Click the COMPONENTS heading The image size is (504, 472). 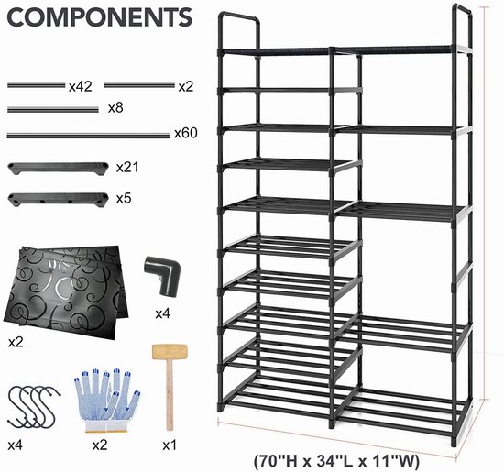[x=99, y=17]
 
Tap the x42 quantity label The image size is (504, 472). [x=81, y=86]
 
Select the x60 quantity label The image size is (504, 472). [x=186, y=133]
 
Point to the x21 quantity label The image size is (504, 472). [x=127, y=167]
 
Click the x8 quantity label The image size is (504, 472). [x=115, y=108]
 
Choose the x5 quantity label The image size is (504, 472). [x=124, y=198]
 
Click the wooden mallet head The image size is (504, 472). [x=170, y=352]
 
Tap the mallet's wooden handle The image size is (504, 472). [x=170, y=395]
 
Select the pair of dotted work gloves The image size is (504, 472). [x=107, y=400]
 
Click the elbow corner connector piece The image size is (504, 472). [x=162, y=275]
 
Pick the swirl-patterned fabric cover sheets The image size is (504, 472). [x=66, y=291]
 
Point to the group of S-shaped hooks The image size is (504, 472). [x=33, y=407]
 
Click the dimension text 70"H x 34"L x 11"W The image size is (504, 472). [x=337, y=461]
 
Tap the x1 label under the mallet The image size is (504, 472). [x=170, y=445]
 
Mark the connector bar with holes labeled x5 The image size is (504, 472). [x=58, y=200]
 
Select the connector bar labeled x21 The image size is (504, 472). [x=58, y=169]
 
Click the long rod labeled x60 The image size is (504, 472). [x=88, y=136]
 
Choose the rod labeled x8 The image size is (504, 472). [x=53, y=110]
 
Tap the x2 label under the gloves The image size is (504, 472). [x=100, y=445]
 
